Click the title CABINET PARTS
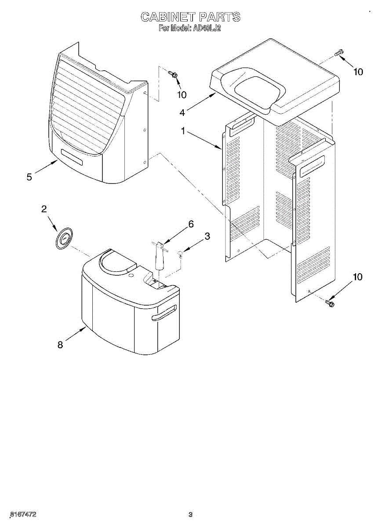pyautogui.click(x=190, y=17)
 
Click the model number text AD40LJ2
pyautogui.click(x=206, y=28)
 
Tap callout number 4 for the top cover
pyautogui.click(x=182, y=113)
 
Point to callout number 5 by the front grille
pyautogui.click(x=29, y=177)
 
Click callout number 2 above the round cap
pyautogui.click(x=44, y=209)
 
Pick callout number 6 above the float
pyautogui.click(x=190, y=224)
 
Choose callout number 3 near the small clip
pyautogui.click(x=207, y=236)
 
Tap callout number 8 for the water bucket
pyautogui.click(x=60, y=345)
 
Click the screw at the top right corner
pyautogui.click(x=338, y=54)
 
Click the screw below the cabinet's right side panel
pyautogui.click(x=330, y=303)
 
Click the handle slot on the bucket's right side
pyautogui.click(x=164, y=312)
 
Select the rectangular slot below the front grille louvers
pyautogui.click(x=72, y=157)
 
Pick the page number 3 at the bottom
pyautogui.click(x=190, y=514)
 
